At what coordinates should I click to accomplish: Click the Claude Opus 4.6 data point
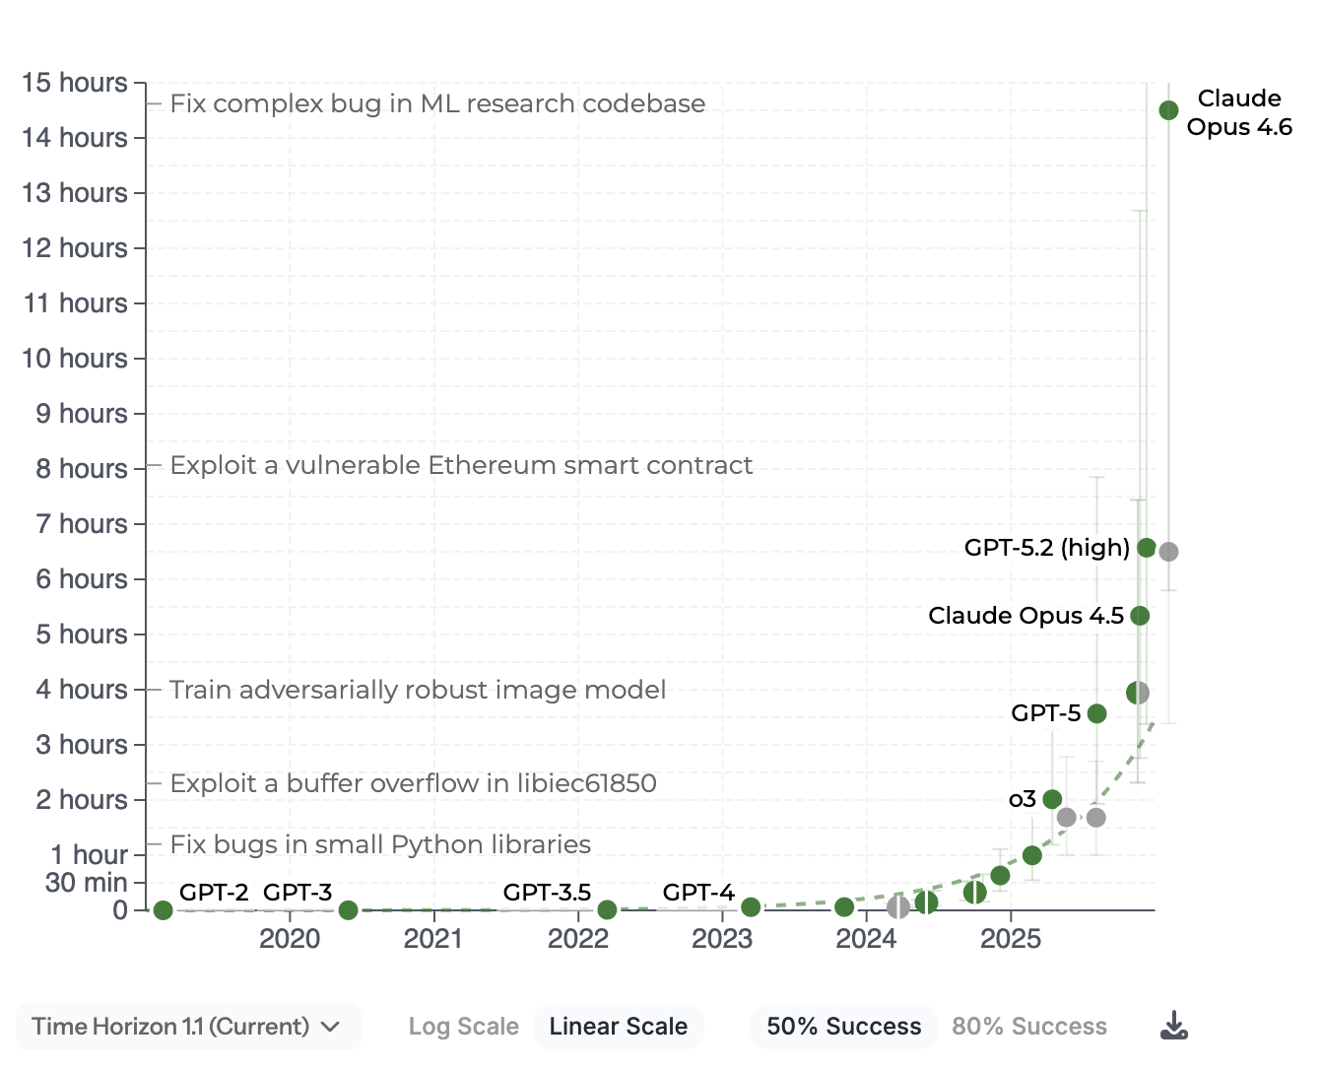(x=1168, y=110)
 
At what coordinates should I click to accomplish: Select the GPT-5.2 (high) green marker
(x=1146, y=548)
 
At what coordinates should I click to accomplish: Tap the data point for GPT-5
(x=1096, y=713)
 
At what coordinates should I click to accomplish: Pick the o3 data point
(x=1052, y=799)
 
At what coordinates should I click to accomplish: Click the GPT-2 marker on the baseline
(x=164, y=910)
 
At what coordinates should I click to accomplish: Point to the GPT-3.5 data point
(x=607, y=910)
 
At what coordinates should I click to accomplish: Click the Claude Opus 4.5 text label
(x=1025, y=616)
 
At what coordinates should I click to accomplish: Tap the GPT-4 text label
(x=698, y=893)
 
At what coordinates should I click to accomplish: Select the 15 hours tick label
(x=75, y=83)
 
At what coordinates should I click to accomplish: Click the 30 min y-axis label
(x=86, y=883)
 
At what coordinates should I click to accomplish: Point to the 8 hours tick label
(x=82, y=469)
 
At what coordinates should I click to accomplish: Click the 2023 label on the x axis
(x=722, y=939)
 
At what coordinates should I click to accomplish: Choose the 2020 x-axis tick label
(x=290, y=939)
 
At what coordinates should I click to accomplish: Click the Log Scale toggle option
(x=463, y=1027)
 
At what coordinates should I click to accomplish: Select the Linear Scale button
(x=618, y=1027)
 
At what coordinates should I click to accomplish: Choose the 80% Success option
(x=1028, y=1027)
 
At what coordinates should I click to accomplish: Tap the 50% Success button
(x=843, y=1027)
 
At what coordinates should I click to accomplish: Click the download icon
(x=1173, y=1026)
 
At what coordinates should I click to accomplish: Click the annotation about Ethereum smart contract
(x=461, y=465)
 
